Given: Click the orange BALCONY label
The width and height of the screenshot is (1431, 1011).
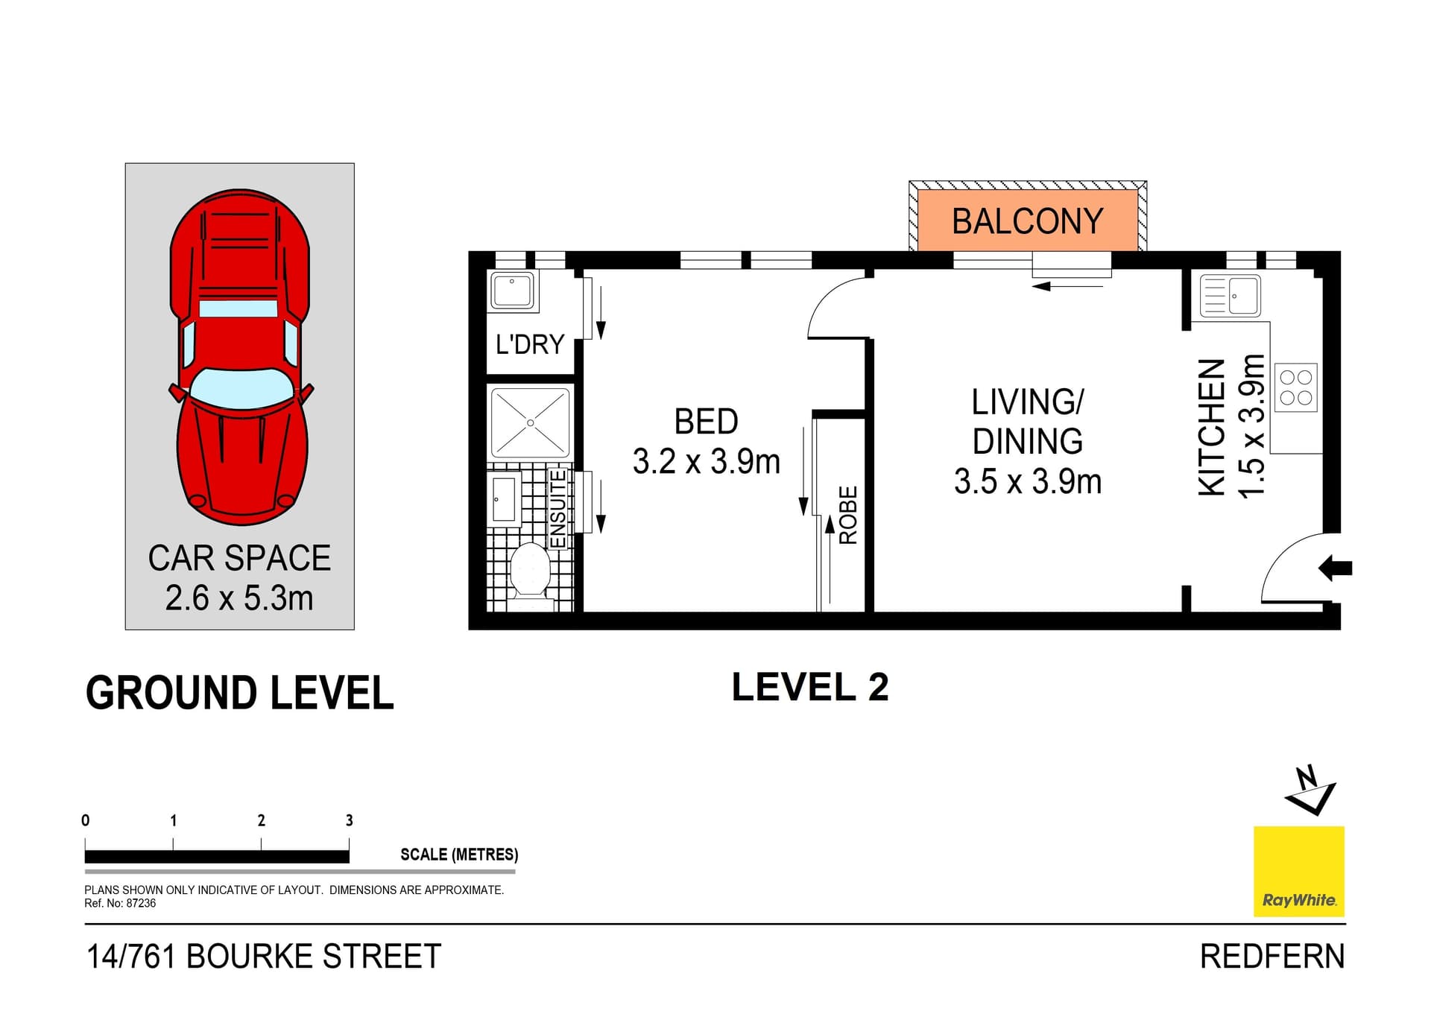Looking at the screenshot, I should tap(1027, 221).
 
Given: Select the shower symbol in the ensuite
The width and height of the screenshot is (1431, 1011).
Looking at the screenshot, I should tap(530, 422).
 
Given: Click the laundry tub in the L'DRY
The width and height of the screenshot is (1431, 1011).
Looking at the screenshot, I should tap(512, 290).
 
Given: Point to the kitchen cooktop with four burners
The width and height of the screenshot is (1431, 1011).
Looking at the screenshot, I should tap(1295, 387).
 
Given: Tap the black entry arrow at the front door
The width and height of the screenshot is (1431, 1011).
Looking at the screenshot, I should tap(1336, 568).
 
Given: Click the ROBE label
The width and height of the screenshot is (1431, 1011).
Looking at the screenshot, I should tap(848, 515).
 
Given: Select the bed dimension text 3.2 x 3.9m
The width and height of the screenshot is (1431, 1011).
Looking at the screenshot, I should tap(706, 462).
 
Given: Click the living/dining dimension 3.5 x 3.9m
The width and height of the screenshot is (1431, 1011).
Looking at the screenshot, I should tap(1027, 481).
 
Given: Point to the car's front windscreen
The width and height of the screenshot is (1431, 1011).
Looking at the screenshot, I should tap(241, 388).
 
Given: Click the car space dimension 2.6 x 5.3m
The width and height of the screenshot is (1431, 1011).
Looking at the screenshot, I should tap(239, 598).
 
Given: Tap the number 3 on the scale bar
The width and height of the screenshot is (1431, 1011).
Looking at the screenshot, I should tap(349, 820).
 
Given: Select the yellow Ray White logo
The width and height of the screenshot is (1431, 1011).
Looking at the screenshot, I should tap(1298, 870).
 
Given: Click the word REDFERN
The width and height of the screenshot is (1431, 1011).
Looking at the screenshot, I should tap(1272, 957).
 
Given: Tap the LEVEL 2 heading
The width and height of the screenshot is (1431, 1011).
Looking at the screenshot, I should tap(810, 687).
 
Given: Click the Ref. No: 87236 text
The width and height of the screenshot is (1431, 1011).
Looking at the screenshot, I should tap(120, 904).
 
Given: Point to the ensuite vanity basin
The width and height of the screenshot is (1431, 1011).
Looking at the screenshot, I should tap(505, 498).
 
